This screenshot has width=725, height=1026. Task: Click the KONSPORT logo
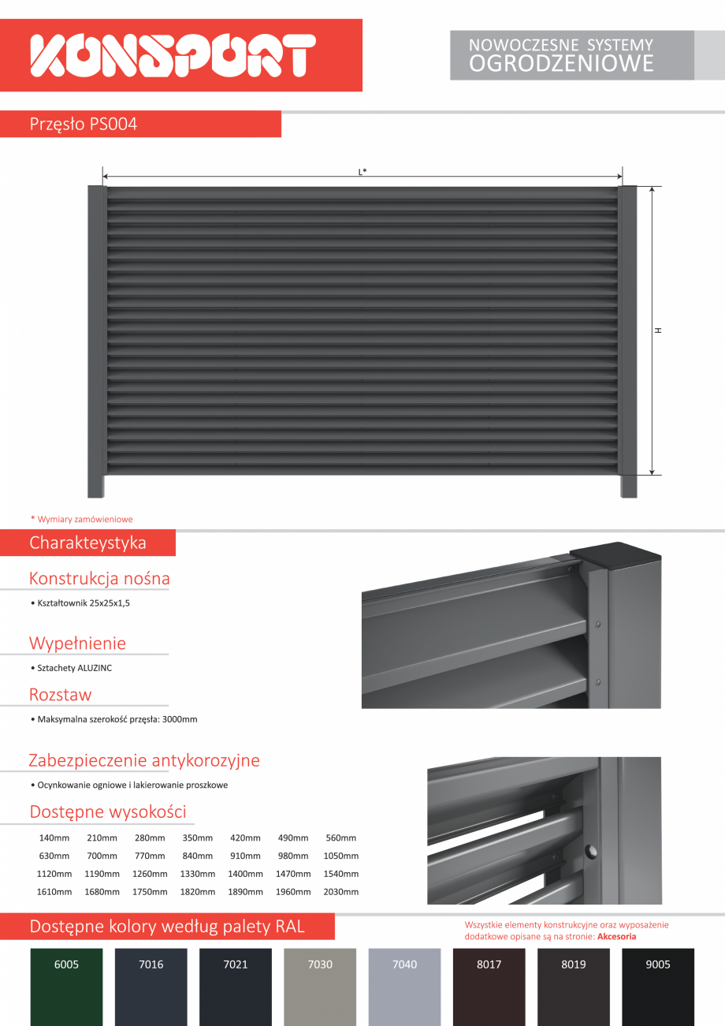pyautogui.click(x=173, y=55)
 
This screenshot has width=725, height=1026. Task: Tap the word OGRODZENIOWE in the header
pyautogui.click(x=561, y=64)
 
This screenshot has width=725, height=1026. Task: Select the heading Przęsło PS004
pyautogui.click(x=84, y=124)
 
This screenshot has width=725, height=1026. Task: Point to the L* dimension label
pyautogui.click(x=362, y=171)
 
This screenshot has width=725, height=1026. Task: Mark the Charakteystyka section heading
pyautogui.click(x=87, y=543)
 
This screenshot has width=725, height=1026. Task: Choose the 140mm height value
pyautogui.click(x=54, y=838)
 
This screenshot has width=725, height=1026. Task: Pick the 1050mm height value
pyautogui.click(x=340, y=856)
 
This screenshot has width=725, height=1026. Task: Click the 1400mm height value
pyautogui.click(x=245, y=874)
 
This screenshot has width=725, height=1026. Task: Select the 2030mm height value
pyautogui.click(x=340, y=892)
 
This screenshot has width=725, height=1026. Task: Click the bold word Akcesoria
pyautogui.click(x=616, y=937)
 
